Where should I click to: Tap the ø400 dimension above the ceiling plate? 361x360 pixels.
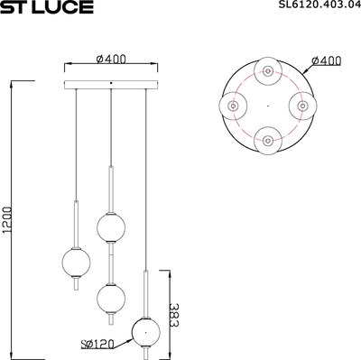tap(109, 60)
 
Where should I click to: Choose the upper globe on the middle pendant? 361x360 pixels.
tap(109, 226)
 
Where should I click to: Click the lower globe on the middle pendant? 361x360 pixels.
tap(109, 295)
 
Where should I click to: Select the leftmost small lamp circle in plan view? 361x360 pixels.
tap(232, 106)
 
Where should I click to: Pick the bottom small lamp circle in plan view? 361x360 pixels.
tap(267, 141)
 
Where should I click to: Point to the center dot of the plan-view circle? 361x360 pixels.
tap(267, 106)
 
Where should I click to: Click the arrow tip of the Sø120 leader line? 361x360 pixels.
tap(133, 337)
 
